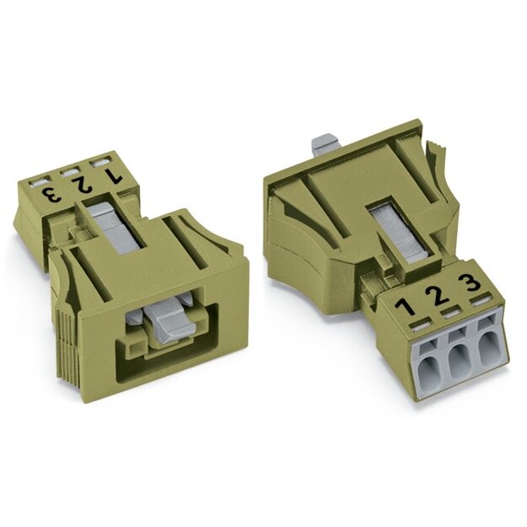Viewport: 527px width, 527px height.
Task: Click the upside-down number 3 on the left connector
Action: click(x=51, y=196)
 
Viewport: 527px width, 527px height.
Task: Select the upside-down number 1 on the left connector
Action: click(x=112, y=175)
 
